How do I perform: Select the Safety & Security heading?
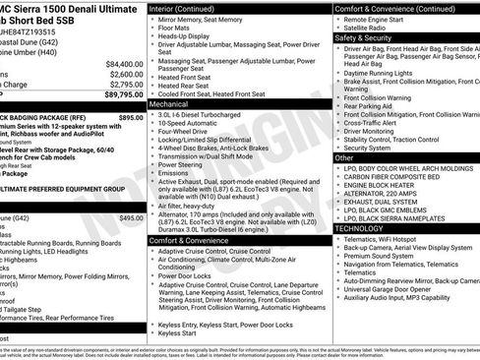[x=369, y=38]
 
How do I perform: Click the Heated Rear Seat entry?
[x=187, y=84]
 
